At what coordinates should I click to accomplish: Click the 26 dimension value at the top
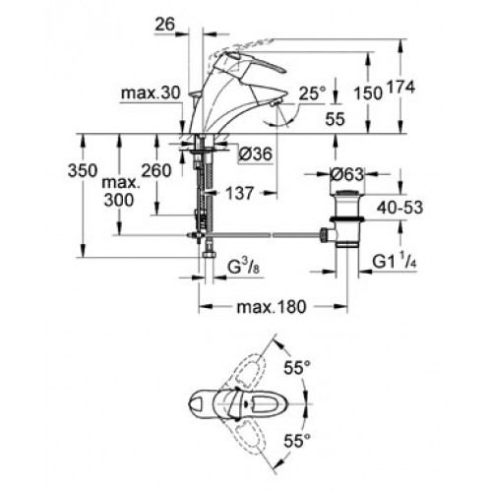[x=165, y=24]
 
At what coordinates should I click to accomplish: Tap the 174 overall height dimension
[x=400, y=88]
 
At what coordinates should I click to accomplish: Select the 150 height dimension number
[x=368, y=93]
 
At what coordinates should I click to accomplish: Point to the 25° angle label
[x=313, y=93]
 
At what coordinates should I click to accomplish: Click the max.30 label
[x=151, y=93]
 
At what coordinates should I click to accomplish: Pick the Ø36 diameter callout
[x=256, y=154]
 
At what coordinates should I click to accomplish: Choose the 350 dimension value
[x=83, y=170]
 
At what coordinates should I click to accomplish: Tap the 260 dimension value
[x=156, y=170]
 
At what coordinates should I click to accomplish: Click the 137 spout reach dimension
[x=240, y=193]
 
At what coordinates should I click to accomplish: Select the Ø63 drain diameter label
[x=347, y=174]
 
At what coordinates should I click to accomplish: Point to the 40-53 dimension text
[x=400, y=208]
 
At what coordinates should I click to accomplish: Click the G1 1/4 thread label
[x=395, y=262]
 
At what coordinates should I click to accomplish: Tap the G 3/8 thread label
[x=243, y=268]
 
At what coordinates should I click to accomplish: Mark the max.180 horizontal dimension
[x=272, y=307]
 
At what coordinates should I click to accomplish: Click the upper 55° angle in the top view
[x=297, y=367]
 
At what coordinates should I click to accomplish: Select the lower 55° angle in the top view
[x=297, y=441]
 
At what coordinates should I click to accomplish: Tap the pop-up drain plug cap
[x=347, y=193]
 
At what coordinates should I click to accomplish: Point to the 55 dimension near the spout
[x=335, y=118]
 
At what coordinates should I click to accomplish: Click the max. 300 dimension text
[x=119, y=191]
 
